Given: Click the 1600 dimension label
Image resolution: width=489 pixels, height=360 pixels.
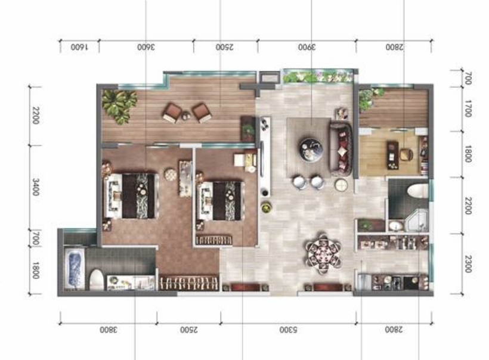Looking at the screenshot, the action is click(x=79, y=47).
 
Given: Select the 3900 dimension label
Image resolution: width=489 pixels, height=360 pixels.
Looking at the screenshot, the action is click(x=307, y=47).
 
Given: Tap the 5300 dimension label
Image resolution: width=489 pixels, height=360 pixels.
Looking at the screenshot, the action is click(x=289, y=330).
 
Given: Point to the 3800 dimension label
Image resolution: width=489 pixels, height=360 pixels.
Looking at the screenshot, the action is click(x=109, y=330).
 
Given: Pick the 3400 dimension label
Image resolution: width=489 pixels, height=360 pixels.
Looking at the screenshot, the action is click(x=36, y=187).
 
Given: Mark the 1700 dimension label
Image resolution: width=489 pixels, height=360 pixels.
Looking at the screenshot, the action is click(x=468, y=108).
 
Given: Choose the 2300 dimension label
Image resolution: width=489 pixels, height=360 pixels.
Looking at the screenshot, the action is click(x=468, y=263).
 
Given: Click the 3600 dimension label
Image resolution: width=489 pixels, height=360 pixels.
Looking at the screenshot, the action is click(x=146, y=47).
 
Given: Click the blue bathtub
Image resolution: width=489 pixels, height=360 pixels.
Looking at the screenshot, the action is click(x=75, y=269).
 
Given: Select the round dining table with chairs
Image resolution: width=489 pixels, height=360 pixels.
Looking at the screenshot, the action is click(x=323, y=253).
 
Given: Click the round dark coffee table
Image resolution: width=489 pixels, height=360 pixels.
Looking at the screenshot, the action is click(x=311, y=150).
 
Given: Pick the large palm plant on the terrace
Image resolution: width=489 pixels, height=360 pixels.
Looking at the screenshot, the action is click(x=119, y=105).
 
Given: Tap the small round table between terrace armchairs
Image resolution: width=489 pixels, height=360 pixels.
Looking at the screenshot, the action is click(x=186, y=115).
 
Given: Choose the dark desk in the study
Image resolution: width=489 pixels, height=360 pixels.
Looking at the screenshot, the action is click(x=392, y=155).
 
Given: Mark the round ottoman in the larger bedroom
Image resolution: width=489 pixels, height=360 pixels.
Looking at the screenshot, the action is click(x=171, y=174).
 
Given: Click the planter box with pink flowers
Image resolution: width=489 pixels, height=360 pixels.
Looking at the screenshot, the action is click(x=318, y=76).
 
